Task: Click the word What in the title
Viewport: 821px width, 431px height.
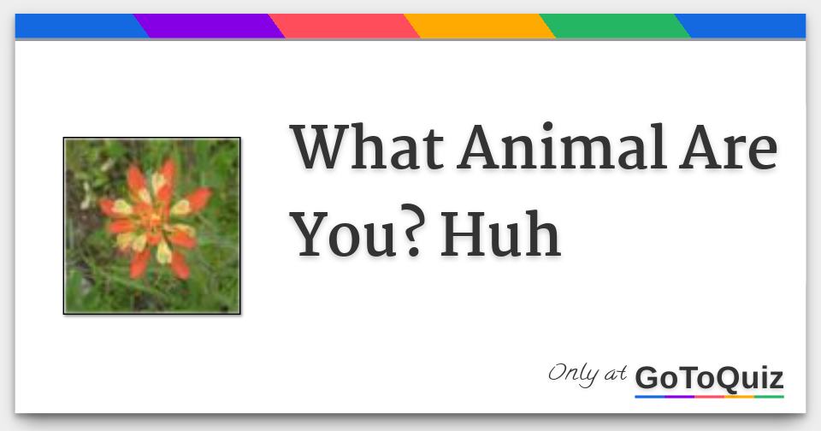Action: (367, 147)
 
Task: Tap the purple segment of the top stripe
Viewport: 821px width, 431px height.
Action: (209, 27)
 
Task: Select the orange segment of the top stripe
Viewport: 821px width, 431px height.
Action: (479, 27)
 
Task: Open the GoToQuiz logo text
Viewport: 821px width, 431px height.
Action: (709, 377)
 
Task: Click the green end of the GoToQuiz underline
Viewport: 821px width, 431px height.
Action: (769, 397)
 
